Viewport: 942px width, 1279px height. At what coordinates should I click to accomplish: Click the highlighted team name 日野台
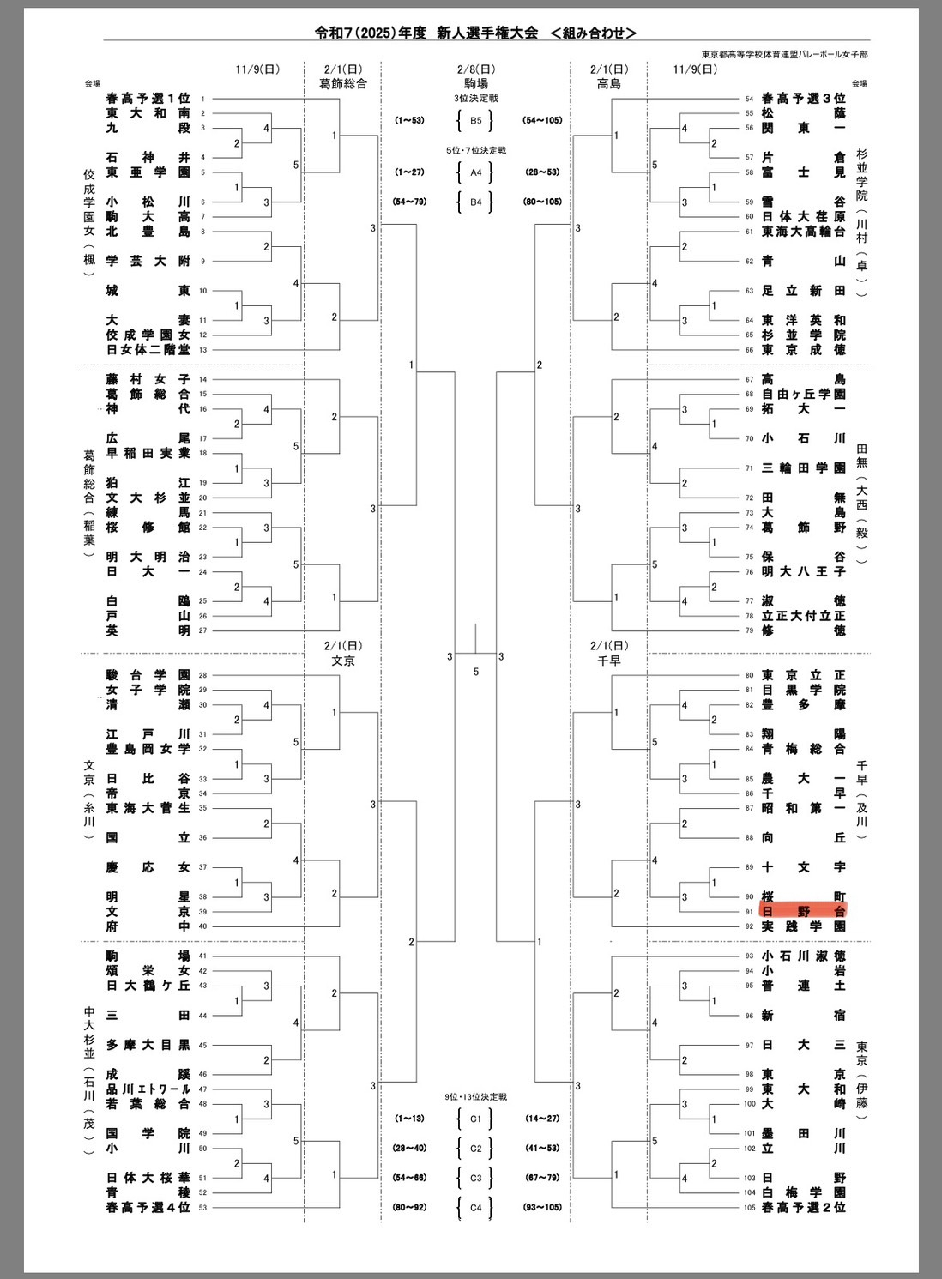[x=803, y=911]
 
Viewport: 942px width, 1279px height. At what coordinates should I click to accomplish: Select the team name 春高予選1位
[x=148, y=99]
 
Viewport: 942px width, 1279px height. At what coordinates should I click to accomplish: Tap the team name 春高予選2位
[x=803, y=1207]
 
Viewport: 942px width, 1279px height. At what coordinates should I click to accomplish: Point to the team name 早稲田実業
[x=148, y=453]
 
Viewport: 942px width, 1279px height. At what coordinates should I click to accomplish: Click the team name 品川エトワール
[x=148, y=1089]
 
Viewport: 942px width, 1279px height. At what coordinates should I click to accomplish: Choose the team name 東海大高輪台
[x=803, y=232]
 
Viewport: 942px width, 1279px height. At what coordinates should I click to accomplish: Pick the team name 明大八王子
[x=803, y=571]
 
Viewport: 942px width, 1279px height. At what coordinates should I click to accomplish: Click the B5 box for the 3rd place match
[x=475, y=120]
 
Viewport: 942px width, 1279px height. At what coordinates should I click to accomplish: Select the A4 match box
[x=475, y=172]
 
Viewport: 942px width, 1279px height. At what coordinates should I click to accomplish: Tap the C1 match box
[x=475, y=1119]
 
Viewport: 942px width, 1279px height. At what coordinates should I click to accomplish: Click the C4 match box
[x=475, y=1207]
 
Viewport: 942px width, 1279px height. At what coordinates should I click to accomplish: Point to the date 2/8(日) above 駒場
[x=475, y=69]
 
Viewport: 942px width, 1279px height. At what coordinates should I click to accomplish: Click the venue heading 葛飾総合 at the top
[x=343, y=84]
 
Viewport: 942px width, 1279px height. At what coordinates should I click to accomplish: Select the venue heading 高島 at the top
[x=609, y=84]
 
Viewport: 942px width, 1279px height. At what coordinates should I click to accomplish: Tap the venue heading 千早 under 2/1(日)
[x=609, y=661]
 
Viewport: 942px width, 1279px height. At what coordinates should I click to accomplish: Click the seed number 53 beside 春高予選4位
[x=203, y=1208]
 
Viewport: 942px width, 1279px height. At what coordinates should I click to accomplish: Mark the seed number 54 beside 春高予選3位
[x=749, y=99]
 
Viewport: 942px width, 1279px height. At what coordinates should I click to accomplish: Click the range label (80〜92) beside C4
[x=409, y=1207]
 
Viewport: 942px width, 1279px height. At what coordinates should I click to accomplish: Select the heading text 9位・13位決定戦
[x=475, y=1097]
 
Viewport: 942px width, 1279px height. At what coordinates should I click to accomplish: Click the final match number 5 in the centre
[x=476, y=672]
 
